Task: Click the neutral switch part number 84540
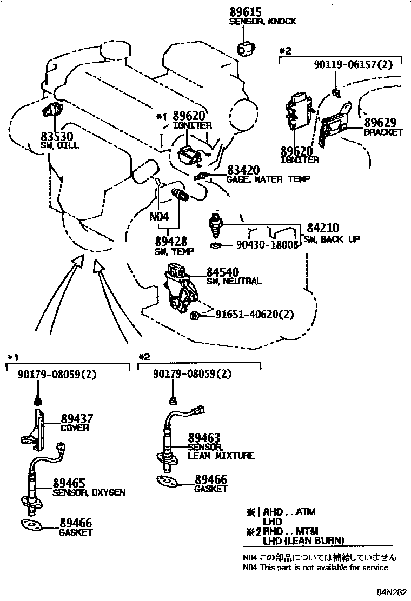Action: [222, 272]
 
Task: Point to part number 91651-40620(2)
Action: [255, 314]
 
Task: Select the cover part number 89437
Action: [76, 418]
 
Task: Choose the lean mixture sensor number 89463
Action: [204, 438]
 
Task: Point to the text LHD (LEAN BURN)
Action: [303, 540]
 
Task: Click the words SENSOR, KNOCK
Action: [263, 22]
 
